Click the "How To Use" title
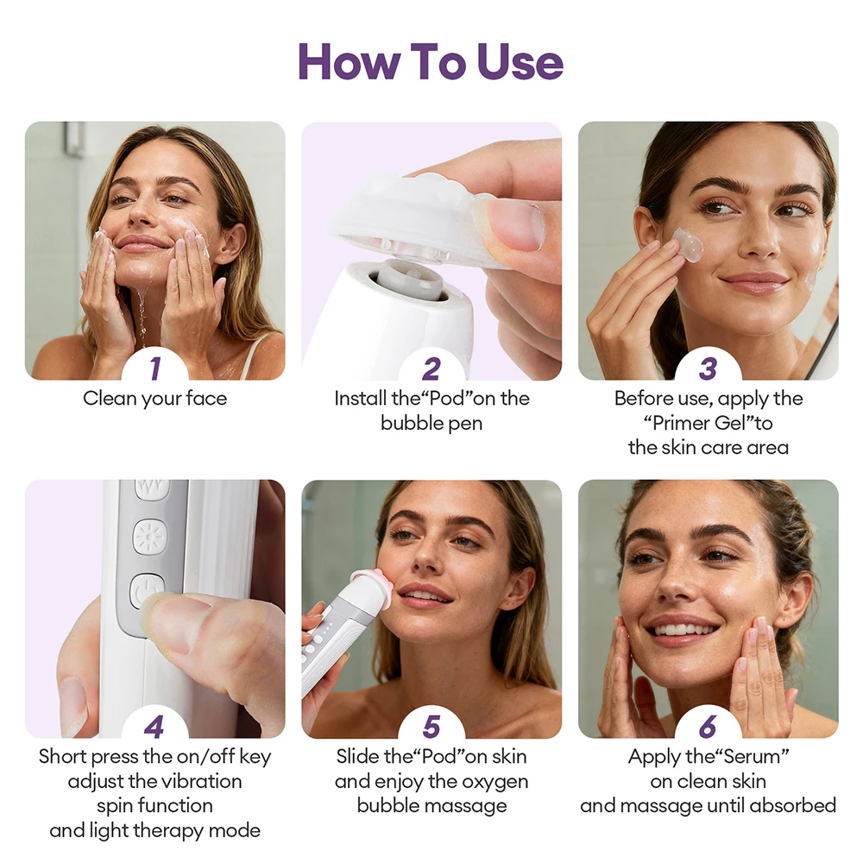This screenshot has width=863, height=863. click(x=431, y=62)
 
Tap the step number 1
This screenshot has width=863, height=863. click(x=154, y=369)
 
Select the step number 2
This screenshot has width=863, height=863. click(x=431, y=369)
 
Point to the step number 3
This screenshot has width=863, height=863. click(x=708, y=369)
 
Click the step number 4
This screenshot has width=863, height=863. click(x=154, y=728)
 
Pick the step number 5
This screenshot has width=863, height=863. click(x=431, y=728)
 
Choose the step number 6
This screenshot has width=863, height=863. click(x=708, y=728)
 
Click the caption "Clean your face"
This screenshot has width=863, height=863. click(x=154, y=399)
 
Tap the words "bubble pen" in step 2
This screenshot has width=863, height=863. click(x=431, y=424)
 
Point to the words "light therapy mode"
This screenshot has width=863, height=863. click(x=154, y=831)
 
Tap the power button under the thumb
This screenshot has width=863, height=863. click(x=147, y=592)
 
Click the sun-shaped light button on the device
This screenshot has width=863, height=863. click(x=150, y=537)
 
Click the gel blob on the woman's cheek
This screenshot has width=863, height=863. click(x=689, y=245)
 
